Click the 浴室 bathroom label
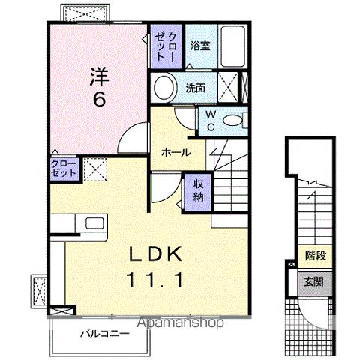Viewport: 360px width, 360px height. click(198, 44)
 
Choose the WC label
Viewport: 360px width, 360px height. click(211, 120)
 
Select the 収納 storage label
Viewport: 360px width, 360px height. click(198, 191)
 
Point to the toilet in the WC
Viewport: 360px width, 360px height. click(236, 119)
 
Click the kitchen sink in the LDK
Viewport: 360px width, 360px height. click(95, 223)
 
